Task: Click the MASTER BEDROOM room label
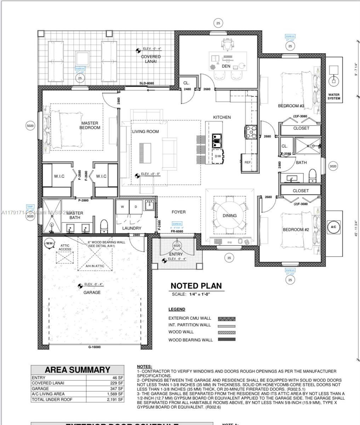tap(90, 125)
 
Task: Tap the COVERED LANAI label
tap(151, 59)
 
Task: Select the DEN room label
tap(226, 66)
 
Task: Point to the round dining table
tap(229, 215)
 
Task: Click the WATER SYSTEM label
tap(333, 97)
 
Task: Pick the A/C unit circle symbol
tap(333, 227)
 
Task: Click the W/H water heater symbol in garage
tap(49, 243)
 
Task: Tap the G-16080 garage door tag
tap(94, 347)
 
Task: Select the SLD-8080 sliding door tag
tap(146, 84)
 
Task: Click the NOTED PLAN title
tap(196, 286)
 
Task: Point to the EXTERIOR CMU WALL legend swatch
tap(227, 319)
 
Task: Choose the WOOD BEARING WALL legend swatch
tap(227, 340)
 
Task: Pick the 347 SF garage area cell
tap(117, 389)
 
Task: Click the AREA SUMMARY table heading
tap(78, 370)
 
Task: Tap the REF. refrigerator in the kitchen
tap(248, 162)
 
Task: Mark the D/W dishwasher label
tap(217, 156)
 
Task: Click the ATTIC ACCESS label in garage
tap(65, 247)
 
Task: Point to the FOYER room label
tap(178, 212)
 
